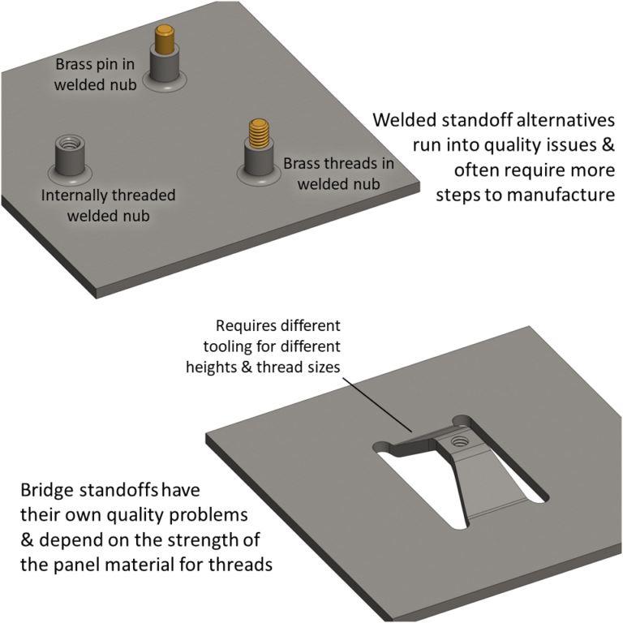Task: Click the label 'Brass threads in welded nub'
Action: [338, 173]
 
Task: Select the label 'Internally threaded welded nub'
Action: [108, 206]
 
